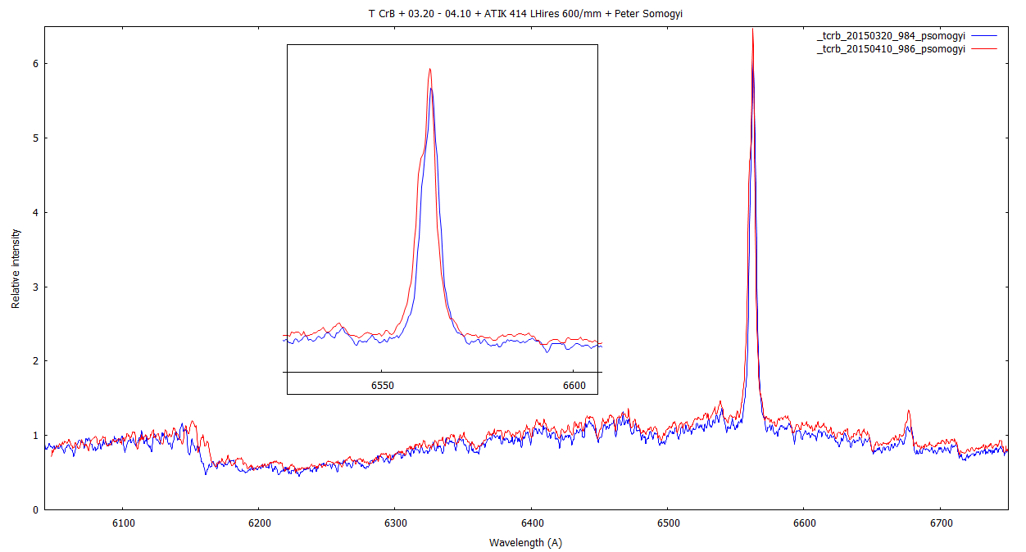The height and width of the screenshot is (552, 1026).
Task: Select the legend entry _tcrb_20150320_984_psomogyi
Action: pos(891,37)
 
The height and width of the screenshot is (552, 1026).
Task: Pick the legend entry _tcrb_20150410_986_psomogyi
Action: pos(891,49)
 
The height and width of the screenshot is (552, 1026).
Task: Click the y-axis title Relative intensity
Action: pos(16,268)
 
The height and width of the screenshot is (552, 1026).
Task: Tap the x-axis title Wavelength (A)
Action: pos(525,542)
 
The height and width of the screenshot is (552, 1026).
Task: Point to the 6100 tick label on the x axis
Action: pos(122,523)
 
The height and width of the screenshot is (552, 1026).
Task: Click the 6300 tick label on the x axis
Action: pos(395,523)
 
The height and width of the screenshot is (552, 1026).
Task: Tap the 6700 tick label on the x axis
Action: pos(940,523)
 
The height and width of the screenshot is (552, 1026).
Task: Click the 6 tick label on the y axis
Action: pos(34,64)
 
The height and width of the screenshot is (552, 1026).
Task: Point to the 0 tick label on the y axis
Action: pos(34,510)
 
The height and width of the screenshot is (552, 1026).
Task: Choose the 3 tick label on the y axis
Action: pos(34,287)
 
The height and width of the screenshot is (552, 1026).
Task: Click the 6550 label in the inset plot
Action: pos(383,385)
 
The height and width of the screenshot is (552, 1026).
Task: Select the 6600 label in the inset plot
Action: pos(574,385)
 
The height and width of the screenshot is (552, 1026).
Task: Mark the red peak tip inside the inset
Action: pos(429,70)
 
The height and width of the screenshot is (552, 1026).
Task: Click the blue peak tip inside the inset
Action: pos(431,88)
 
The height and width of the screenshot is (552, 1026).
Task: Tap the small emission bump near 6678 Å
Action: pos(908,412)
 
